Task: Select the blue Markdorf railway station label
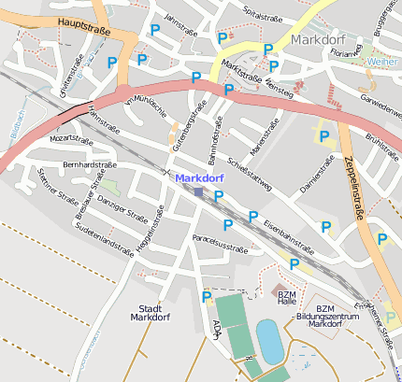coord(200,177)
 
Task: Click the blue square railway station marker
coord(199,191)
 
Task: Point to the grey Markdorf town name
coord(320,40)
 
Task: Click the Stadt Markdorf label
coord(150,312)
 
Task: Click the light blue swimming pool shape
coord(268,341)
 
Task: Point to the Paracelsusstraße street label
coord(220,245)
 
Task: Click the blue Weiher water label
coord(380,61)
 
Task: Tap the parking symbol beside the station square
coord(219,196)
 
